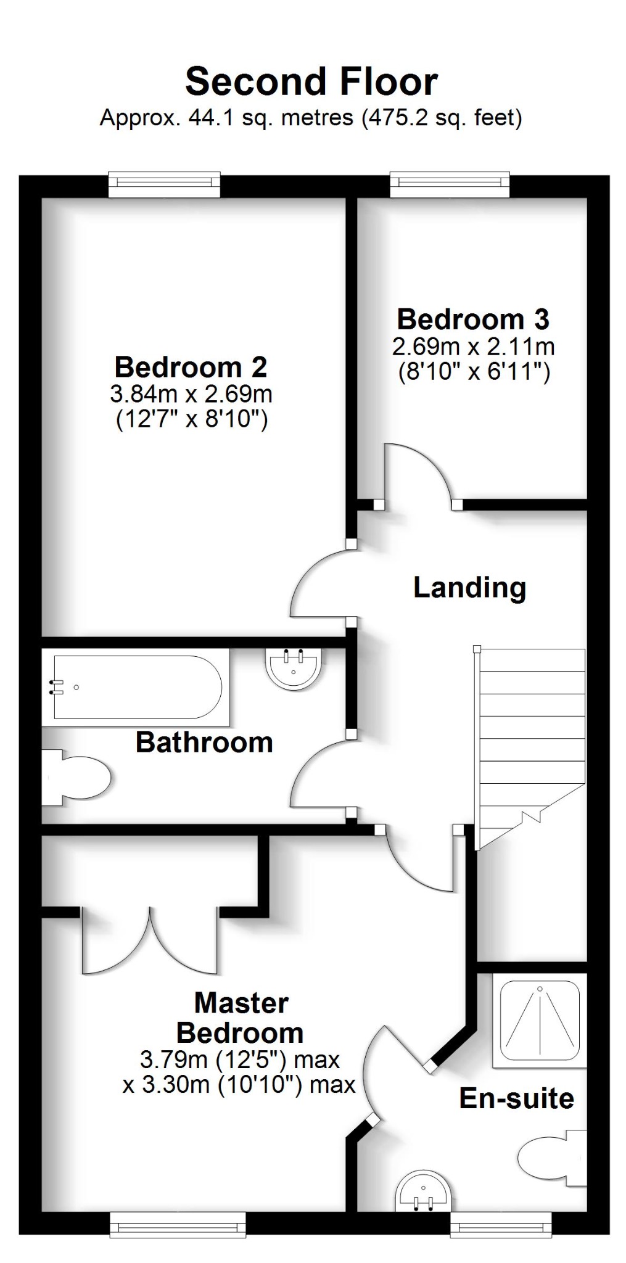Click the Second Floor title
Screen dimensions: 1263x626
[x=311, y=82]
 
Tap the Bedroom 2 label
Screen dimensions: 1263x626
[x=191, y=368]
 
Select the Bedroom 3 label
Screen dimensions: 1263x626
[x=473, y=319]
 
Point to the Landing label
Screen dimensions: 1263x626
[x=469, y=587]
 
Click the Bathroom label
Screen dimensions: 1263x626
[x=204, y=742]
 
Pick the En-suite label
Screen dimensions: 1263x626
[x=517, y=1098]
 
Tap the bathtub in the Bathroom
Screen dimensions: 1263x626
[x=137, y=687]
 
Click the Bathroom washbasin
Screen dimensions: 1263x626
[x=294, y=667]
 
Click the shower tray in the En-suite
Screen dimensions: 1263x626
[x=540, y=1020]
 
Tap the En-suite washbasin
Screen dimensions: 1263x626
[x=424, y=1190]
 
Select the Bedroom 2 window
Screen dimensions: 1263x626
[x=164, y=184]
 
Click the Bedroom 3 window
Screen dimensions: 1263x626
[x=450, y=184]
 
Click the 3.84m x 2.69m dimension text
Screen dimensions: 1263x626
[x=191, y=393]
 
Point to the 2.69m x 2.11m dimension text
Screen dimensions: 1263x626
[x=474, y=347]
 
